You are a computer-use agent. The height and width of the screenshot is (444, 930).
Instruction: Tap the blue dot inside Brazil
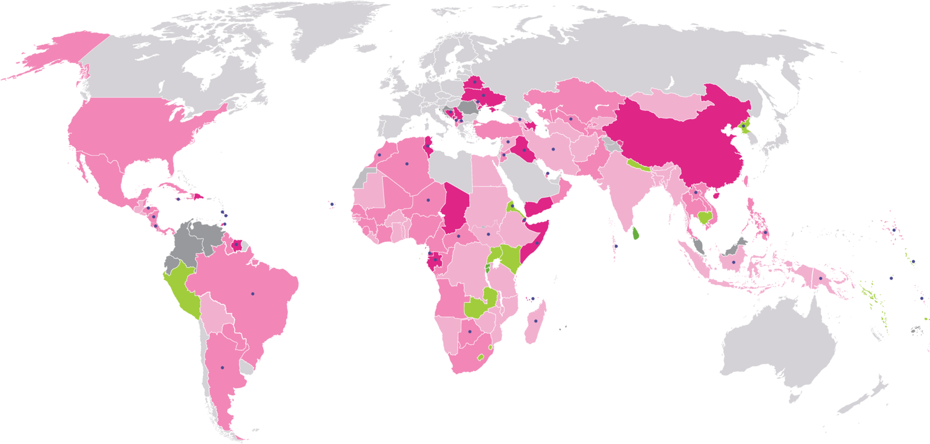coord(253,293)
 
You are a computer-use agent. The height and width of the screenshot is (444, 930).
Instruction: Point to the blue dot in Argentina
coord(222,367)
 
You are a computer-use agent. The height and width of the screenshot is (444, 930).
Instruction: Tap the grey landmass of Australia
coord(778,349)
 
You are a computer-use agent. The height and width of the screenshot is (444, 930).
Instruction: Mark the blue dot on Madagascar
coord(536,321)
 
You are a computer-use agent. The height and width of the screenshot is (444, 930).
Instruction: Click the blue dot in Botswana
coord(469,331)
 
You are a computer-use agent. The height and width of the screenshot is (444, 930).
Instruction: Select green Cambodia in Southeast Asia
coord(706,218)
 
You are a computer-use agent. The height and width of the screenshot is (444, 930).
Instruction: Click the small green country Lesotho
coord(480,356)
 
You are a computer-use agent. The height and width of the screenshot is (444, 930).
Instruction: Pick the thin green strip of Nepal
coord(639,165)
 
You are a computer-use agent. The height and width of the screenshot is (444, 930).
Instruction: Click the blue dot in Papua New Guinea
coord(820,278)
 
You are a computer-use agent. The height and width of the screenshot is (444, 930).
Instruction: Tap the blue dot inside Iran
coord(554,149)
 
